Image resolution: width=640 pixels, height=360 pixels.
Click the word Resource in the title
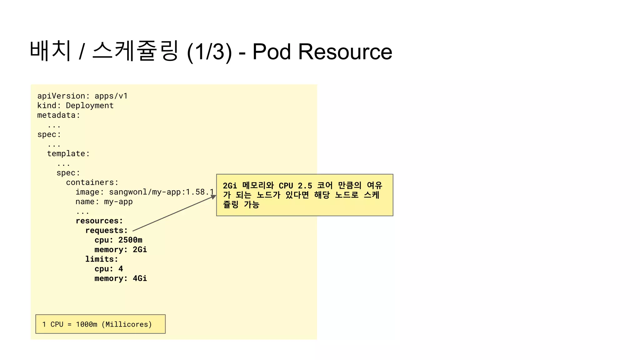coord(345,52)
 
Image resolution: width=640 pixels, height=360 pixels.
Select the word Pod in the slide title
coord(271,52)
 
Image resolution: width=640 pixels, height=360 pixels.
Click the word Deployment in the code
coord(90,106)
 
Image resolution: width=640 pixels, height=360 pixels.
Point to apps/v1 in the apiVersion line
coord(111,96)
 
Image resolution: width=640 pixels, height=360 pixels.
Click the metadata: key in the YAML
coord(58,115)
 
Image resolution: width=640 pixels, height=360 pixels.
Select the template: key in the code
coord(68,154)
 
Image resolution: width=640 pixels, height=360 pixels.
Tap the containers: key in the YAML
coord(92,182)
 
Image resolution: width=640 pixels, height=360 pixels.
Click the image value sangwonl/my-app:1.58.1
coord(161,192)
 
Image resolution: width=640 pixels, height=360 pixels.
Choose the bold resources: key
coord(99,221)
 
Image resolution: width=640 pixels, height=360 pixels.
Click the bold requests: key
coord(107,231)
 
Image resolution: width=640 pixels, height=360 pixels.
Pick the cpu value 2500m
coord(130,240)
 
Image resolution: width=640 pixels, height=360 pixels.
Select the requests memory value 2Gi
coord(140,250)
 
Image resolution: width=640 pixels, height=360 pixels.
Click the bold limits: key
coord(102,259)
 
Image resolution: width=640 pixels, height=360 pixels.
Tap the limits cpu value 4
coord(121,269)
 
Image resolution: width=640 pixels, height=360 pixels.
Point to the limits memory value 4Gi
coord(140,278)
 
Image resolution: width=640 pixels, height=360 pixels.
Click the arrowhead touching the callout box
coord(213,197)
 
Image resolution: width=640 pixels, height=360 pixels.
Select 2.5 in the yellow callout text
coord(305,186)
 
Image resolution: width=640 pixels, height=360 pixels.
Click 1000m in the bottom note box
coord(87,324)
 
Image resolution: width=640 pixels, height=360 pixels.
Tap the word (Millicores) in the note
coord(127,324)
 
